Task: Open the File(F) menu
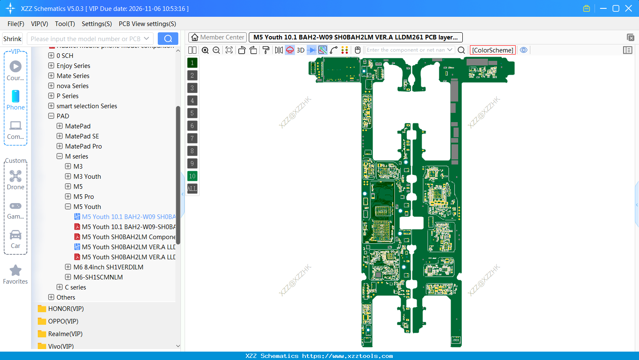(16, 24)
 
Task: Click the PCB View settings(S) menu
(147, 24)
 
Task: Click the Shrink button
(12, 39)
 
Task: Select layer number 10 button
(192, 176)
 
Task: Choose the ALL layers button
(192, 189)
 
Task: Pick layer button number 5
(192, 113)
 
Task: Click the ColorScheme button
(493, 50)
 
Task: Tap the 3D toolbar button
(300, 50)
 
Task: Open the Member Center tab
(217, 37)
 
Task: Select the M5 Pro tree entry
(83, 197)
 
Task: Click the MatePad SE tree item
(82, 136)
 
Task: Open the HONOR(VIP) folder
(66, 309)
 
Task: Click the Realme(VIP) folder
(65, 334)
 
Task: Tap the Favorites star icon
(16, 271)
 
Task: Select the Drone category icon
(16, 176)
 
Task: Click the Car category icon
(16, 235)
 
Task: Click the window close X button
(629, 8)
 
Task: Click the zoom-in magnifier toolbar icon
(205, 50)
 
